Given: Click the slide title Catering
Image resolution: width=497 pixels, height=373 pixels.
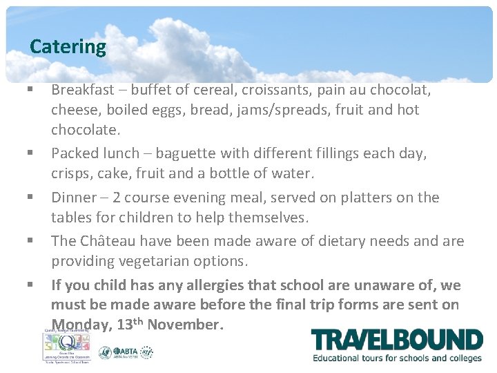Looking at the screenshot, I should click(68, 47).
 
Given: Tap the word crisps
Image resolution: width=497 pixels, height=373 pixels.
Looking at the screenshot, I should click(70, 172).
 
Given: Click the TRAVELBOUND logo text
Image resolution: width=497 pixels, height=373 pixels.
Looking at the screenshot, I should click(396, 341).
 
